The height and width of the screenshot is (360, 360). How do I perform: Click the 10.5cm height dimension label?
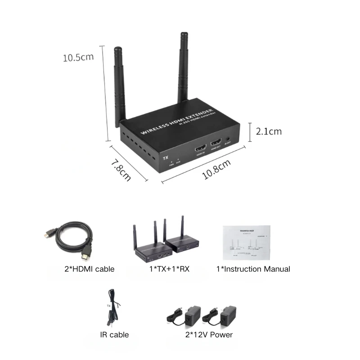click(x=78, y=58)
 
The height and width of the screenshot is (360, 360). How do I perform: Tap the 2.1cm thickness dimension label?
click(x=269, y=131)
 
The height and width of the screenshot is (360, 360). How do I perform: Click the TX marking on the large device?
click(x=165, y=158)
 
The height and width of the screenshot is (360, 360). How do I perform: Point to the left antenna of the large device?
click(x=119, y=85)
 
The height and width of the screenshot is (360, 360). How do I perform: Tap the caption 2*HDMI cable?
click(x=89, y=269)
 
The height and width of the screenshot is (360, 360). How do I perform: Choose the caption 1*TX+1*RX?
click(x=170, y=269)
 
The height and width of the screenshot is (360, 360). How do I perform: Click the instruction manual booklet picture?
click(x=248, y=243)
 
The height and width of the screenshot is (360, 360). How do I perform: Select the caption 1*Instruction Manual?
click(x=253, y=269)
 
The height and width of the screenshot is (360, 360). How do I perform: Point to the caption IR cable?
click(x=114, y=335)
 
